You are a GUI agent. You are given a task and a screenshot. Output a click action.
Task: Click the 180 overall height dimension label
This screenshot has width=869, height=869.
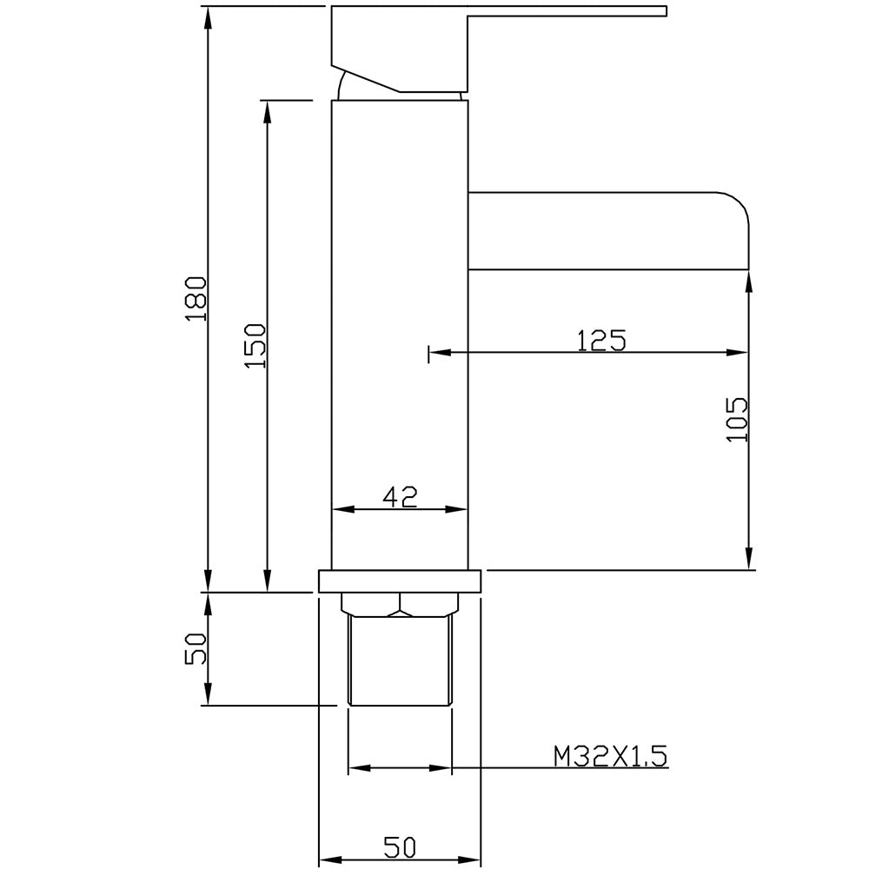click(x=196, y=299)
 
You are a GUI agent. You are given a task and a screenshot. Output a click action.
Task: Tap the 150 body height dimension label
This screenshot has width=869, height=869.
click(x=255, y=347)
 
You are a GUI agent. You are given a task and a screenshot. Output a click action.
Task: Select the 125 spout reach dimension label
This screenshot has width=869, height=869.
click(x=601, y=341)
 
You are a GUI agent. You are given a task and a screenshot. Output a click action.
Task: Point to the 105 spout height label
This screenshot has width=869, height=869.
click(x=737, y=419)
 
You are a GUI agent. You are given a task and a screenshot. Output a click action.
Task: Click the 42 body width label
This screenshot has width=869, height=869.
click(x=400, y=496)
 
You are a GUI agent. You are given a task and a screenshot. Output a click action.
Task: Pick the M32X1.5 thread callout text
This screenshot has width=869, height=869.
click(x=610, y=756)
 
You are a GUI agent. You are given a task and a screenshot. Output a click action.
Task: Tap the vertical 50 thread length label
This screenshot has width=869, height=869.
click(x=196, y=649)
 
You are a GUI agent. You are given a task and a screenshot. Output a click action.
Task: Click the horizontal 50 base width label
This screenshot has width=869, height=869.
click(x=400, y=846)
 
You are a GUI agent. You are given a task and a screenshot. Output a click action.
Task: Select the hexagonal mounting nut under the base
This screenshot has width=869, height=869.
click(x=400, y=605)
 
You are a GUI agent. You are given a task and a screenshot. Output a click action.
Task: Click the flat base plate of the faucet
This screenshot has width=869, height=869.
click(x=400, y=581)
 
